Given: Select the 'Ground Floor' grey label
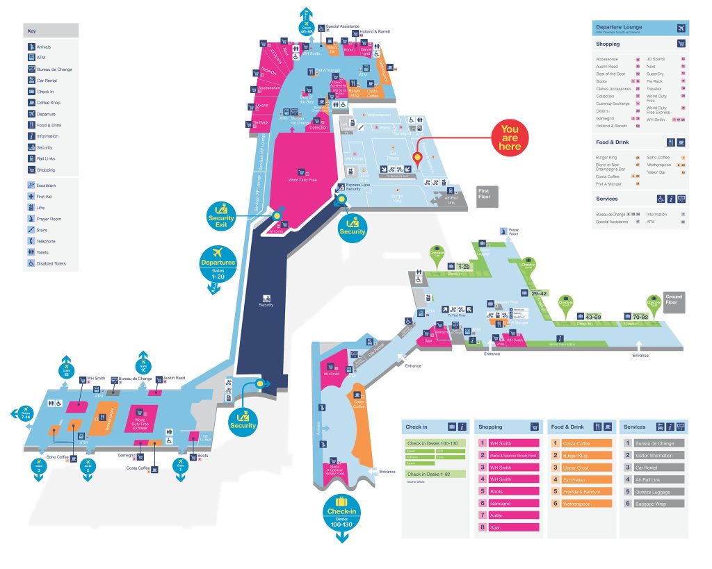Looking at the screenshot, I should coord(674,301).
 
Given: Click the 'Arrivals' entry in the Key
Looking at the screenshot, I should coord(44,47).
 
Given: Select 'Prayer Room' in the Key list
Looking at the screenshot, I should coord(49,219).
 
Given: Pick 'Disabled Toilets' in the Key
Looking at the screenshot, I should coord(51,263).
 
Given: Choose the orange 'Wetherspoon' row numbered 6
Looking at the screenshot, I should coord(581,503).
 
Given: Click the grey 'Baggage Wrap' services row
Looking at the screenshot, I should coord(654,503).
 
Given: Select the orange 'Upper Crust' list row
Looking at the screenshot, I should coord(581,468).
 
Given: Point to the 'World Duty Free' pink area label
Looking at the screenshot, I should coord(302,180).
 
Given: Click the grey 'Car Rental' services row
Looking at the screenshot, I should coord(654,468).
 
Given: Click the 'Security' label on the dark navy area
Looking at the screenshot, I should coord(266,305).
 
